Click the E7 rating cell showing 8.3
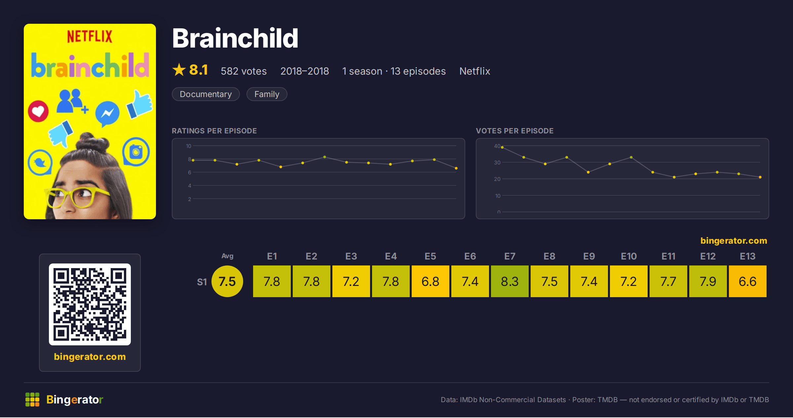point(510,281)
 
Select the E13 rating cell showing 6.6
point(747,281)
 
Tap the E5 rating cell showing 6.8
point(430,281)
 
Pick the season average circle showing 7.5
point(227,281)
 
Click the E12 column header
point(708,256)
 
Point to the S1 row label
point(202,282)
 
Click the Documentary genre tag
point(206,94)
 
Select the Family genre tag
point(267,94)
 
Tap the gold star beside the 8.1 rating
point(179,70)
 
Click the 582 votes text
point(244,71)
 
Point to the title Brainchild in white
point(235,38)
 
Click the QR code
point(90,304)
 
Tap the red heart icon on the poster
point(38,111)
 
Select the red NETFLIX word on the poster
point(90,36)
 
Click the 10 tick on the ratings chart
point(189,146)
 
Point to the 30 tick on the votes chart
point(497,162)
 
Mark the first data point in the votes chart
point(502,147)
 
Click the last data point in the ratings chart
point(456,168)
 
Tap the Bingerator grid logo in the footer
point(32,400)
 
